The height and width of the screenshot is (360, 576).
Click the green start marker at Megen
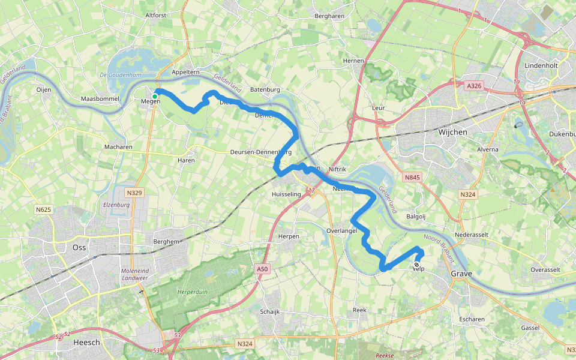tap(155, 96)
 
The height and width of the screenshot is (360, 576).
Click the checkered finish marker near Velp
tap(416, 265)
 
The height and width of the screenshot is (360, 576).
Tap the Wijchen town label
tap(453, 131)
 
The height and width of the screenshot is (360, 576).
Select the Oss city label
tap(79, 247)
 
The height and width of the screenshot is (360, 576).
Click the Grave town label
tap(461, 274)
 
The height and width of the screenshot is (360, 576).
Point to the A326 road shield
tap(475, 86)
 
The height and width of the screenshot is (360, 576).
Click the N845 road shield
tap(412, 178)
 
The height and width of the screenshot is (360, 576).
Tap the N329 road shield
tap(135, 193)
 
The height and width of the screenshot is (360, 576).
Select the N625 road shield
tap(43, 209)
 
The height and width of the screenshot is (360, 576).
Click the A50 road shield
tap(262, 269)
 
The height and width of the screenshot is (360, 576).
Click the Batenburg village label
tap(265, 89)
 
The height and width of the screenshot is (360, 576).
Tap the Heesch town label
tap(85, 342)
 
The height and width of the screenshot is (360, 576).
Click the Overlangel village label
tap(343, 230)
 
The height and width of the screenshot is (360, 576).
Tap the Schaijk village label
tap(270, 312)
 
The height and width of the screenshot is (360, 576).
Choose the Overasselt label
tap(547, 270)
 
